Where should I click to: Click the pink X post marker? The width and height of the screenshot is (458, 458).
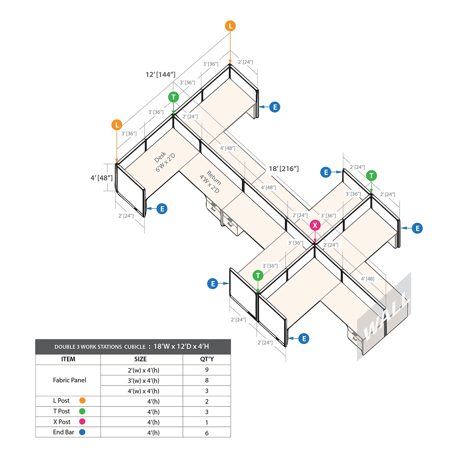[x=315, y=225]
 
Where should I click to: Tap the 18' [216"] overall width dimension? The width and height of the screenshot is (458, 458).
[x=284, y=169]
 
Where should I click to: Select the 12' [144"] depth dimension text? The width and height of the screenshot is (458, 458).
[x=160, y=74]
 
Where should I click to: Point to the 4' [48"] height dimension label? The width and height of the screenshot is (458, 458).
[x=101, y=178]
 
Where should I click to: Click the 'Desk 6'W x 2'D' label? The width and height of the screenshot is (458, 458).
[x=165, y=162]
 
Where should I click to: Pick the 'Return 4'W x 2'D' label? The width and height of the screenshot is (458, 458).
[x=210, y=182]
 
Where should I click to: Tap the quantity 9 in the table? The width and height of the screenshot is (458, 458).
[x=207, y=370]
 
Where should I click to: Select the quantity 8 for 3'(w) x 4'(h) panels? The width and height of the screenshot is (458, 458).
[x=207, y=380]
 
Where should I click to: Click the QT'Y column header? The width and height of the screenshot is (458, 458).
[x=207, y=359]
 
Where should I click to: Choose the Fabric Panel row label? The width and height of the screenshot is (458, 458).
[x=70, y=380]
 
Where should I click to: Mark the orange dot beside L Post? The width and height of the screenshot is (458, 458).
[x=82, y=400]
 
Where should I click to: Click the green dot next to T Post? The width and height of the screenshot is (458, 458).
[x=82, y=411]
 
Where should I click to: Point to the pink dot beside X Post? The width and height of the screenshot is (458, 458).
[x=82, y=422]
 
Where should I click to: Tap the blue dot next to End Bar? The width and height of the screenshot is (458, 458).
[x=82, y=432]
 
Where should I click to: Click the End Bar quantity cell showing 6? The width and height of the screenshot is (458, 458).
[x=207, y=433]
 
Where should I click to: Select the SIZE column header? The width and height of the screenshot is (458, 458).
[x=140, y=359]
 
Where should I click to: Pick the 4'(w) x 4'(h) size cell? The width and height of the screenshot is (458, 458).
[x=143, y=391]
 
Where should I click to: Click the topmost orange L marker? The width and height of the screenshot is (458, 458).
[x=230, y=26]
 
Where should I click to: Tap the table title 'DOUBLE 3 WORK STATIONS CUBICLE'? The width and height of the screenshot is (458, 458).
[x=100, y=347]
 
